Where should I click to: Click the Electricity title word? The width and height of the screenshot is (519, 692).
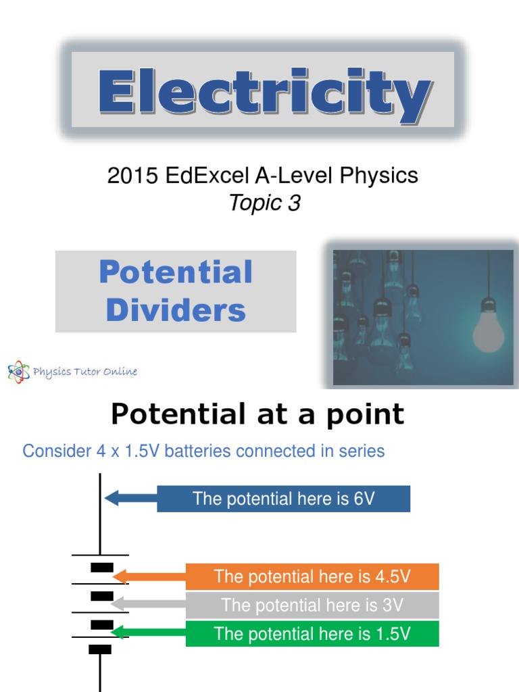click(x=264, y=89)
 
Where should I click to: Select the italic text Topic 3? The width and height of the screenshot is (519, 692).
click(x=264, y=203)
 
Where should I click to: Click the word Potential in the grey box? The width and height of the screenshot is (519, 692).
click(x=176, y=272)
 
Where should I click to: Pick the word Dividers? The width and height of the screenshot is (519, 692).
click(x=176, y=310)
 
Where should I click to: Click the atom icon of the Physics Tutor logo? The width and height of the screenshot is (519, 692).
click(x=19, y=372)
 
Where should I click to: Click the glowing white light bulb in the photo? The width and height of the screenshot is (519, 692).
click(x=488, y=328)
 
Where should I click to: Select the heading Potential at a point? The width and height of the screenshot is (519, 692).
click(x=257, y=414)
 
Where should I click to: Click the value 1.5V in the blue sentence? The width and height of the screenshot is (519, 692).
click(x=140, y=451)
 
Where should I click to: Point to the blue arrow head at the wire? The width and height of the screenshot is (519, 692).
click(x=110, y=499)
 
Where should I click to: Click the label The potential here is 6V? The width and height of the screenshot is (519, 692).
click(x=284, y=499)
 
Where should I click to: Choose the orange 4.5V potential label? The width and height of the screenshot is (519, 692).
click(x=312, y=577)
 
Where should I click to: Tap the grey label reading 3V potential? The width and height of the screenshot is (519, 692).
click(x=312, y=605)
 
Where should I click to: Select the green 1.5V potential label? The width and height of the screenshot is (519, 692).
click(x=312, y=633)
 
